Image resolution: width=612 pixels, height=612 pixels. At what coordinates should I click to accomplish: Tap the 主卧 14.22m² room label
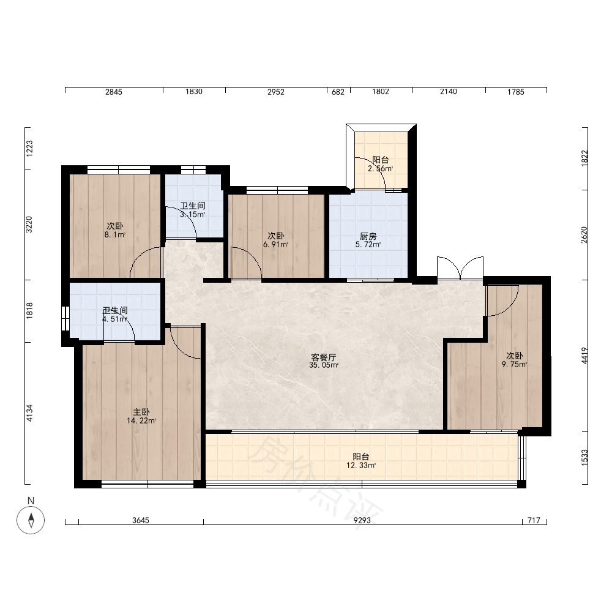coord(141,416)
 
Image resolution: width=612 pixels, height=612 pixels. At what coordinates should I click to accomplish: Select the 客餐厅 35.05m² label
coord(324,361)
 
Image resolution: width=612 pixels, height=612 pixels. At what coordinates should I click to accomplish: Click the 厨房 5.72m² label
coord(368,241)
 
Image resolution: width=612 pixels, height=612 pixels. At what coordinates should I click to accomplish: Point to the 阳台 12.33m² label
coord(361,461)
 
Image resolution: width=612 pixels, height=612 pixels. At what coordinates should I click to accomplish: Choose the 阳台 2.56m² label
coord(381,164)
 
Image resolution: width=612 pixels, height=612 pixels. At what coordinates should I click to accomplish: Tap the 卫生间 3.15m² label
coord(193,210)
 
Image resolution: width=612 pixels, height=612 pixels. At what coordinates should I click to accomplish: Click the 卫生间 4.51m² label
coord(115,315)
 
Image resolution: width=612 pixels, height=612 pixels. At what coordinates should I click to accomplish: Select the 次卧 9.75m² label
coord(515,360)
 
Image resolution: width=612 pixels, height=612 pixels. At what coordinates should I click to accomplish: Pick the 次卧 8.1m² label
coord(115,230)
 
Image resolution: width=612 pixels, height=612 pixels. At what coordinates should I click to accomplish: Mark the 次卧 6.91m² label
coord(276,240)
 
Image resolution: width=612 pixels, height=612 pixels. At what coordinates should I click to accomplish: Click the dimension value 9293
coord(362,520)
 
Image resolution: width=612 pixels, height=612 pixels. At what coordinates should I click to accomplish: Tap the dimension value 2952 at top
coord(276,92)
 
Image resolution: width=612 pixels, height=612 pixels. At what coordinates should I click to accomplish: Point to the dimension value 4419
coord(584,356)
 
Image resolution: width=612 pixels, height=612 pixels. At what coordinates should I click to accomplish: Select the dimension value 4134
coord(29,413)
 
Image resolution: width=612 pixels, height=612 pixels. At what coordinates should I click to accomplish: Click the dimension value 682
coord(338,92)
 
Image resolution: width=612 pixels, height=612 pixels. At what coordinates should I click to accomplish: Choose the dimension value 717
coord(534,520)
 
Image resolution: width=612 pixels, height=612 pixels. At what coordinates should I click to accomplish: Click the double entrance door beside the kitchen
coord(460,268)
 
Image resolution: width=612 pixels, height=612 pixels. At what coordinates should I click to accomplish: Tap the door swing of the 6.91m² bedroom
coord(246,263)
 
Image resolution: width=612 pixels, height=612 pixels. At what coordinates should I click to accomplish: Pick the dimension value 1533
coord(584,457)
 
